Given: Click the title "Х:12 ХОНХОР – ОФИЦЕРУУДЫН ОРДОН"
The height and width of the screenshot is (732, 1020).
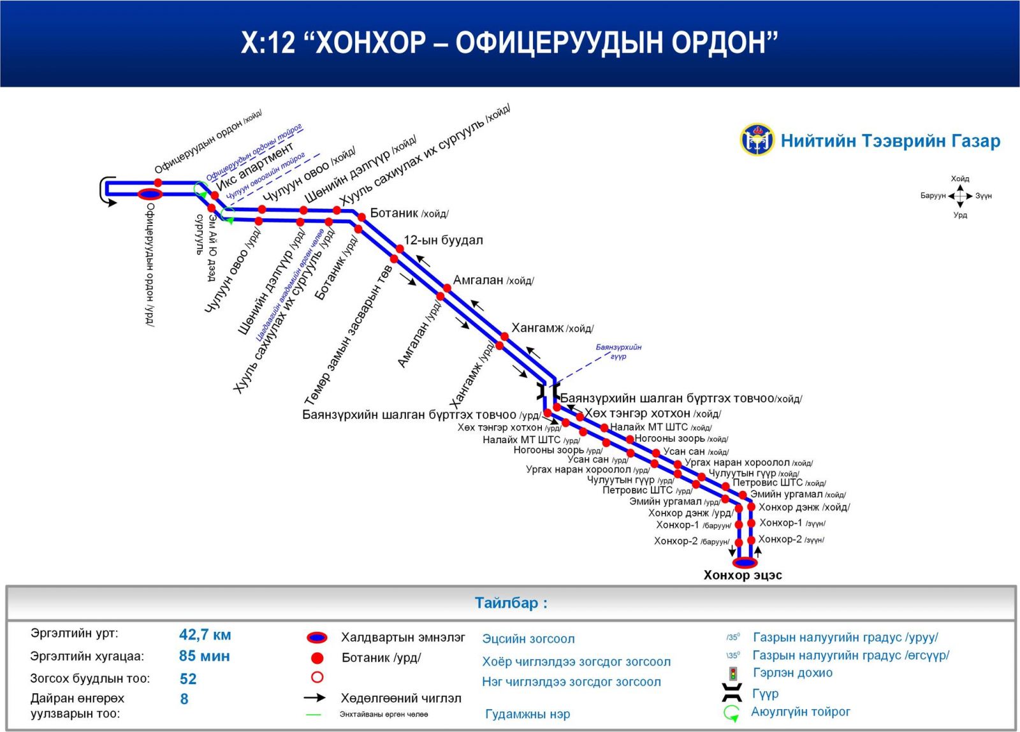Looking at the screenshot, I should click(509, 42).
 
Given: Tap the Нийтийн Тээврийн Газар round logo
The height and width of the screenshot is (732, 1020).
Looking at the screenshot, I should click(757, 140).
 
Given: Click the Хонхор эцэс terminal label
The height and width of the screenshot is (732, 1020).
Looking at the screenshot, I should click(743, 575).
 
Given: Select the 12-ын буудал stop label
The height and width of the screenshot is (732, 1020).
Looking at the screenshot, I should click(443, 240).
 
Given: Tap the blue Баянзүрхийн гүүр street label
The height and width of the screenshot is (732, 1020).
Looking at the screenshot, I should click(618, 351).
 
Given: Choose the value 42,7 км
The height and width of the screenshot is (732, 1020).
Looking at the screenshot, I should click(205, 634).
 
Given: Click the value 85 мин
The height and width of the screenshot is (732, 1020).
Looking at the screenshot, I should click(204, 656).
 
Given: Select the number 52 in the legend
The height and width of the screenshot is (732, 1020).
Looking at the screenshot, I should click(188, 678).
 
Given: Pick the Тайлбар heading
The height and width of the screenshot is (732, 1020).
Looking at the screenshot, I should click(511, 603).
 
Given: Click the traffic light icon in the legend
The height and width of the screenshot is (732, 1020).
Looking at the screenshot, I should click(733, 673).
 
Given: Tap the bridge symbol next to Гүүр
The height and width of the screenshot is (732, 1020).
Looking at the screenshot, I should click(732, 692).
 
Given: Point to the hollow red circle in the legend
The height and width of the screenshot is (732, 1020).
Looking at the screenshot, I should click(317, 677).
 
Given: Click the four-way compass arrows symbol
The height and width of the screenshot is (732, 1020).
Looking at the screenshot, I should click(960, 196).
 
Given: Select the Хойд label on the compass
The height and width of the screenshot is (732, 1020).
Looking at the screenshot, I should click(960, 179).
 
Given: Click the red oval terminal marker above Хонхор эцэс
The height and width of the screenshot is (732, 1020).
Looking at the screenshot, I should click(745, 562).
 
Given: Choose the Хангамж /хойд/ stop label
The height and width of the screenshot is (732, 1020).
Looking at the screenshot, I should click(552, 328).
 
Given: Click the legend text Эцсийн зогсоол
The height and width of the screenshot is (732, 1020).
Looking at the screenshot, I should click(528, 639).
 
